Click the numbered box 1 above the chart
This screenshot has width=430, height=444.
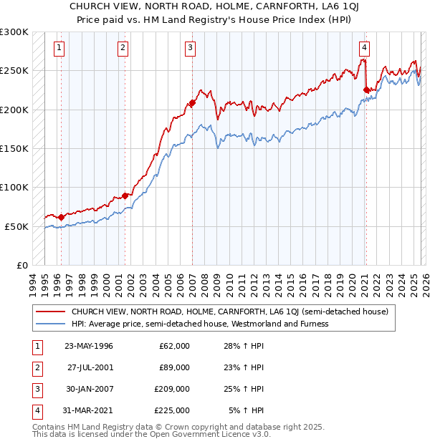pos(59,48)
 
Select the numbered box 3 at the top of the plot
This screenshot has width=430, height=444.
pos(191,48)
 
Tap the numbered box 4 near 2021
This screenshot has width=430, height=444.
pos(365,48)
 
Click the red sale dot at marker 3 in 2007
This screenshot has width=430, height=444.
pos(192,103)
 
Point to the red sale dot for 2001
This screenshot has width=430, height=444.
pos(125,196)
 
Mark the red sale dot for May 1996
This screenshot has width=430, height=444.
pos(61,217)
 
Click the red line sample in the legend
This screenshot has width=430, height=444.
pos(50,312)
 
